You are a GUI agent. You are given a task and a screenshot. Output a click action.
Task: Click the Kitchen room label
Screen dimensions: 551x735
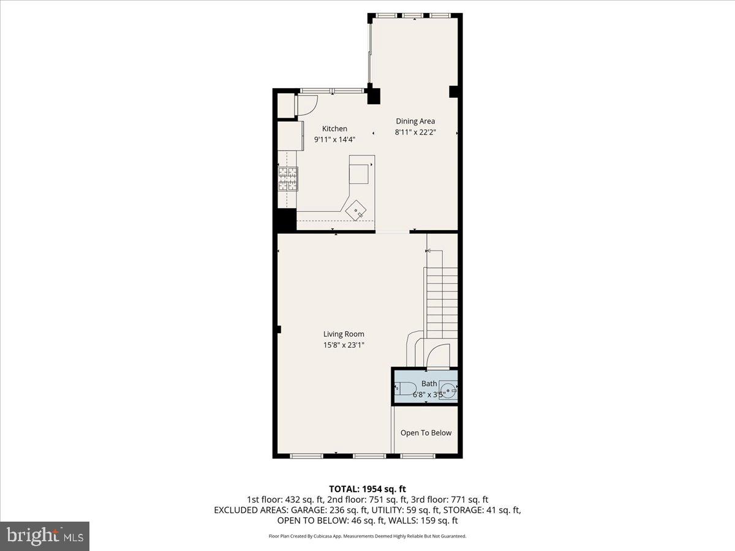pyautogui.click(x=334, y=129)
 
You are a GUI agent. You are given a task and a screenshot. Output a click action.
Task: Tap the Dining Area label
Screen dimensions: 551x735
pyautogui.click(x=415, y=121)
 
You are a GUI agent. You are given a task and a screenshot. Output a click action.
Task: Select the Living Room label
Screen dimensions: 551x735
pyautogui.click(x=344, y=334)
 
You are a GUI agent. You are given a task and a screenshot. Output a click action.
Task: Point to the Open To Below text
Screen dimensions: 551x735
pyautogui.click(x=426, y=433)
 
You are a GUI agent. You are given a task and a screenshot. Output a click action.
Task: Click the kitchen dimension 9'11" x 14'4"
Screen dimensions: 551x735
pyautogui.click(x=334, y=140)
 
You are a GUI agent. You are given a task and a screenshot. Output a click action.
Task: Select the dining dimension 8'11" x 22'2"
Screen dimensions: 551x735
pyautogui.click(x=415, y=132)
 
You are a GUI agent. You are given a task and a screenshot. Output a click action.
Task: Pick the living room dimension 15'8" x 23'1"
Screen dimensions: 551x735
pyautogui.click(x=344, y=345)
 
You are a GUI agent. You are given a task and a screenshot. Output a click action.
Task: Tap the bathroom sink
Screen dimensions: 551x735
pyautogui.click(x=449, y=388)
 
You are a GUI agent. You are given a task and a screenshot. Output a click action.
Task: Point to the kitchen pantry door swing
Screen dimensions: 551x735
pyautogui.click(x=306, y=105)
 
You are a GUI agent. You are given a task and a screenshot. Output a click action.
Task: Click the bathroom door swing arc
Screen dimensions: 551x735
pyautogui.click(x=437, y=356)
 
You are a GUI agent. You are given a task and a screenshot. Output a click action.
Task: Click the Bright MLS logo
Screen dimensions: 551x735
pyautogui.click(x=45, y=536)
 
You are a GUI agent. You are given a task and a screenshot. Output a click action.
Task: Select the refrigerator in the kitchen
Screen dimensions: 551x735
pyautogui.click(x=290, y=135)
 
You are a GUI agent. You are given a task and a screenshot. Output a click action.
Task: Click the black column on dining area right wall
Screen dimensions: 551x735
pyautogui.click(x=454, y=92)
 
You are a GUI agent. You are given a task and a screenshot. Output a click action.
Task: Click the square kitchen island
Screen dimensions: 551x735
pyautogui.click(x=360, y=170)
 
